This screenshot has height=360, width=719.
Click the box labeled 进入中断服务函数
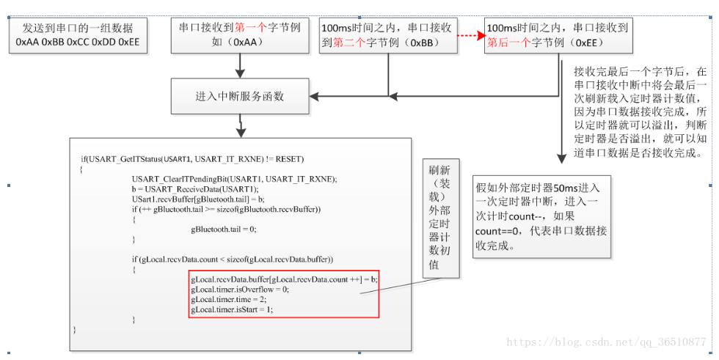pyautogui.click(x=240, y=96)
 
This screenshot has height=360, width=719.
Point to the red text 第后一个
pyautogui.click(x=504, y=42)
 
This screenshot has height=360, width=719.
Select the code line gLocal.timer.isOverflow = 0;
pyautogui.click(x=239, y=289)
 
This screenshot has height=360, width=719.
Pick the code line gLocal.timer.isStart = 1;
pyautogui.click(x=231, y=309)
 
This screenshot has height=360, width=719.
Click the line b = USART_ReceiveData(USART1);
pyautogui.click(x=194, y=189)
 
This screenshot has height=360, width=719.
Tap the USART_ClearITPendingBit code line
pyautogui.click(x=234, y=179)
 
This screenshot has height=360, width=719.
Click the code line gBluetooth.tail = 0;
pyautogui.click(x=223, y=229)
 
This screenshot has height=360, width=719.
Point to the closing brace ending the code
pyautogui.click(x=74, y=330)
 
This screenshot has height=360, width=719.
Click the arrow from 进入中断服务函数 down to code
pyautogui.click(x=239, y=126)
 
